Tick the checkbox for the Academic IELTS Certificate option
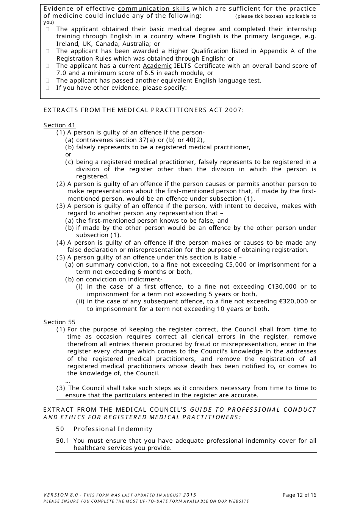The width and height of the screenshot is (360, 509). point(48,66)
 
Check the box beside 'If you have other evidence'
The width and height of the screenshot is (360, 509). point(48,88)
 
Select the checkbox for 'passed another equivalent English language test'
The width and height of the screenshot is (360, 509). point(48,81)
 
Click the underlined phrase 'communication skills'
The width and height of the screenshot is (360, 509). point(153,9)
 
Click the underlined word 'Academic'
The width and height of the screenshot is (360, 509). point(157,66)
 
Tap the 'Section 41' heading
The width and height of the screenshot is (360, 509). point(59,125)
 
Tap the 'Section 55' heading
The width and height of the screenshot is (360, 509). point(59,322)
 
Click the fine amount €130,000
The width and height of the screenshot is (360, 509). point(282,287)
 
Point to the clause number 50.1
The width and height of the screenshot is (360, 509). point(63,441)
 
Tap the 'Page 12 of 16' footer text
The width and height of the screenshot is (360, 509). point(299,495)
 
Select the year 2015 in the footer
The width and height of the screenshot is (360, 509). point(189,495)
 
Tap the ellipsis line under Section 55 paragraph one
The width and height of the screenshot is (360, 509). point(68,381)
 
